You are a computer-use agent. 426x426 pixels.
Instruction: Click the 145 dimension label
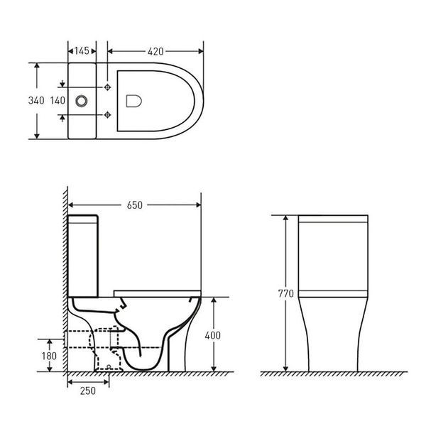tap(82, 51)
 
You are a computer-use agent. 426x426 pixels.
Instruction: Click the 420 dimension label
tap(155, 51)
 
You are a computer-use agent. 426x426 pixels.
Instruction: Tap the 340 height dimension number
tap(36, 101)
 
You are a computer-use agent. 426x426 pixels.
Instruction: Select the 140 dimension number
tap(58, 101)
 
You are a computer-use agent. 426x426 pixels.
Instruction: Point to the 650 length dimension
tap(134, 205)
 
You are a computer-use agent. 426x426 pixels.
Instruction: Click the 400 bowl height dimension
tap(213, 336)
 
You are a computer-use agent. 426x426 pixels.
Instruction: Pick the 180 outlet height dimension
tap(49, 356)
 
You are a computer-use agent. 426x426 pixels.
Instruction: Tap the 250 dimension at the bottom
tap(88, 391)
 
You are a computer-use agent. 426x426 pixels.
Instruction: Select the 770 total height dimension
tap(286, 293)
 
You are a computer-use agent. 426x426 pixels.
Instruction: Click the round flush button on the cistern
tap(82, 101)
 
